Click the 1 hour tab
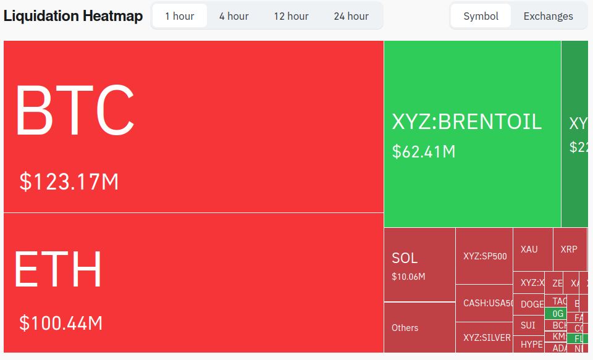(179, 16)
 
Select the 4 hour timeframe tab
(233, 16)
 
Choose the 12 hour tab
(291, 16)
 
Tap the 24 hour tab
(351, 16)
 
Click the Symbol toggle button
(481, 16)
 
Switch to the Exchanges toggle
(548, 16)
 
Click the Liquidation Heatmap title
(73, 16)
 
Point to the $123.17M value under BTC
(69, 182)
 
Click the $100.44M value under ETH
(61, 322)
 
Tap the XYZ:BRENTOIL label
(466, 122)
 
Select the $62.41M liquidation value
(423, 151)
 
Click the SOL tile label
(405, 258)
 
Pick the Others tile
(405, 328)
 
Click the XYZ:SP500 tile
(484, 256)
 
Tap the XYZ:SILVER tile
(487, 338)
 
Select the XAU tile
(529, 249)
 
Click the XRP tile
(569, 249)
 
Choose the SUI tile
(528, 325)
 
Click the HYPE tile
(531, 345)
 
